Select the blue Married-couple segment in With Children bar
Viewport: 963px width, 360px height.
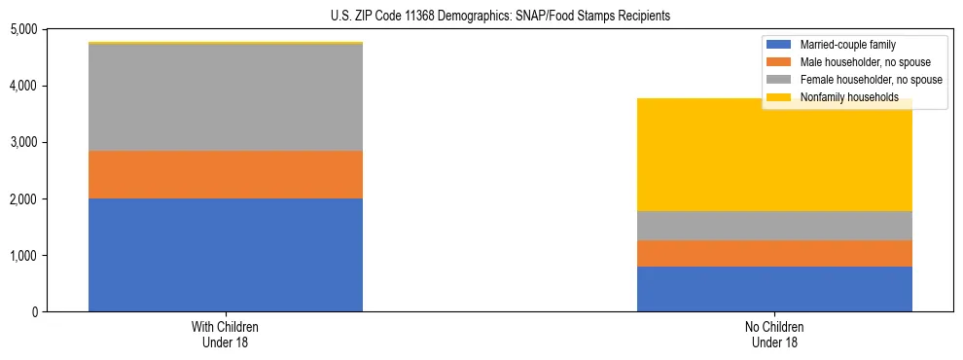click(x=226, y=255)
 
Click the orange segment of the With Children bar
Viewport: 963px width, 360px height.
click(x=226, y=174)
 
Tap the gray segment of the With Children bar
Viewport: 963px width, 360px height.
click(x=226, y=97)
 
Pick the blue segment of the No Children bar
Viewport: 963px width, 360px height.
click(x=774, y=289)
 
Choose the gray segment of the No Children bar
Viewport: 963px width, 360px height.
click(x=774, y=225)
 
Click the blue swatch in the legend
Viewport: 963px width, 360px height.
click(x=780, y=45)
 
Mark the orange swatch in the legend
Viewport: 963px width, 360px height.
click(x=780, y=62)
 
